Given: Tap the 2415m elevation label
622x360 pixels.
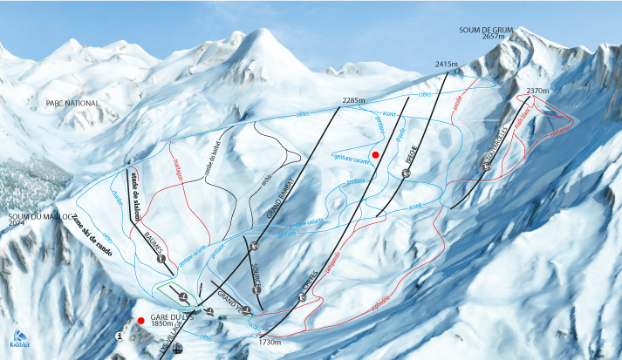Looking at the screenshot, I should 447,64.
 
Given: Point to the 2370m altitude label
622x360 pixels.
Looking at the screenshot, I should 538,90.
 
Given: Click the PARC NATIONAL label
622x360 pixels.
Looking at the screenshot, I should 73,103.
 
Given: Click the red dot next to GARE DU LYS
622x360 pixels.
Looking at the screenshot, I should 140,320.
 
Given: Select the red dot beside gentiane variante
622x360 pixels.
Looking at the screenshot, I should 376,154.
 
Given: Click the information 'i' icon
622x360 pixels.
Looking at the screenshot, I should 120,335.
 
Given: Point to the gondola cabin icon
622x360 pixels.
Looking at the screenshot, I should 179,349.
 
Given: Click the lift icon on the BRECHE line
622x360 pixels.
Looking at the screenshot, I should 406,173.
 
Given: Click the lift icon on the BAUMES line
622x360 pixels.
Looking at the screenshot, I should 161,259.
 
